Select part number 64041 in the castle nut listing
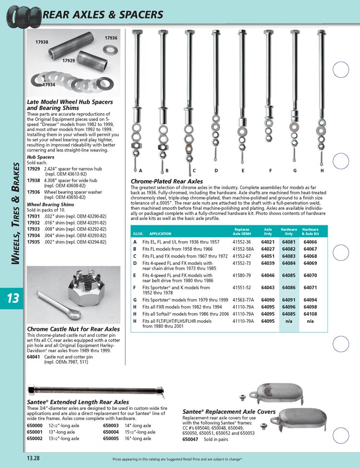33,357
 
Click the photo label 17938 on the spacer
42,42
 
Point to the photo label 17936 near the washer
111,37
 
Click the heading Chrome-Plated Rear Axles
167,181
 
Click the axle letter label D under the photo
216,171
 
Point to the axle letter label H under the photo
322,171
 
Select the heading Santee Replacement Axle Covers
229,412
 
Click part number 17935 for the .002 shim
33,243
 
